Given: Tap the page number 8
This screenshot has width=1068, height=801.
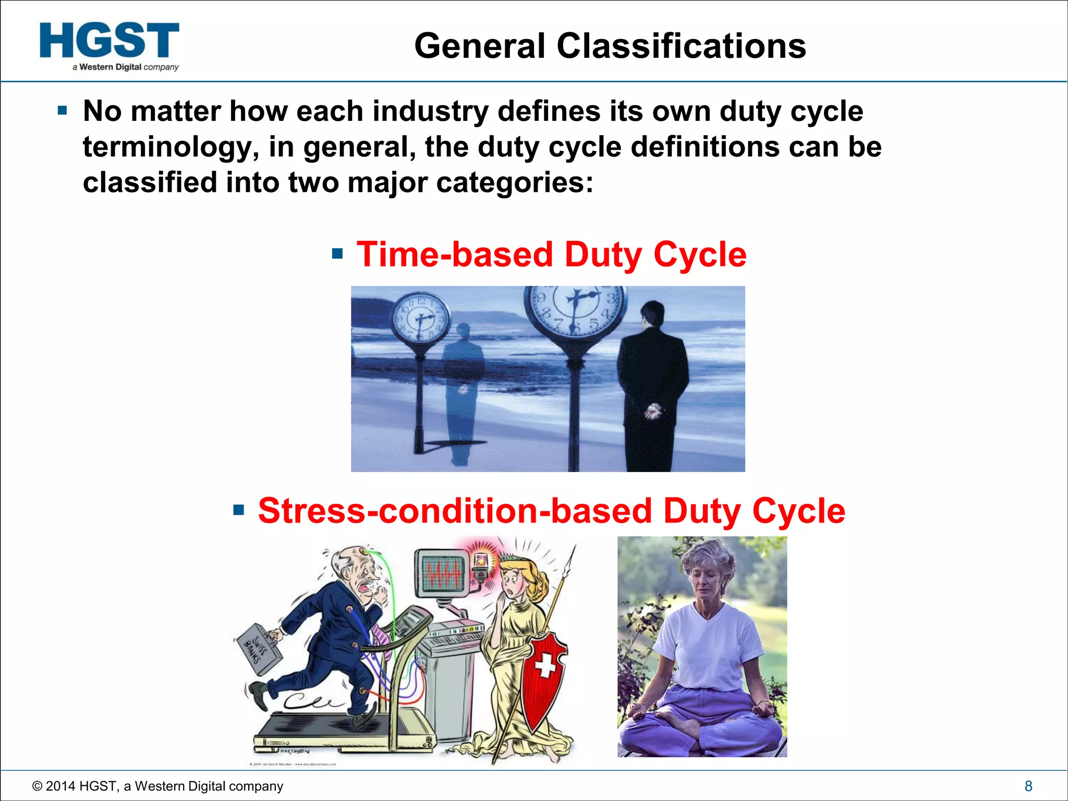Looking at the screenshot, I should click(1028, 786).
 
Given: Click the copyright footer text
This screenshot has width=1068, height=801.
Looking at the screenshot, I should click(157, 786).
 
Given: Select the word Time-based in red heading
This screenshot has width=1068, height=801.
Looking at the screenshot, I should click(454, 254).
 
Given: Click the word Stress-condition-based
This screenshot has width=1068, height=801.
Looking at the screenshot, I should click(455, 511).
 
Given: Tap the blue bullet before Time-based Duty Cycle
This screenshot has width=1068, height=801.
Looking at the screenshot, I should click(337, 254).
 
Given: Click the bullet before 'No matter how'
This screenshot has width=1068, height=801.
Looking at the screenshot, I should click(63, 111).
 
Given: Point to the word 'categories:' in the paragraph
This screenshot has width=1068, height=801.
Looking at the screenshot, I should click(514, 183).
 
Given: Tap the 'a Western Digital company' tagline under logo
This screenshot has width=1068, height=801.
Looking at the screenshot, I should click(126, 67).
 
